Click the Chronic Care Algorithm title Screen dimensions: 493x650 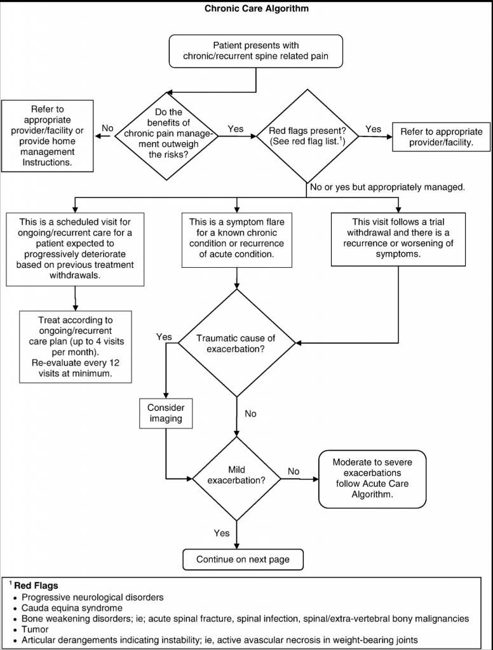(257, 8)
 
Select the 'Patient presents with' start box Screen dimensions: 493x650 (255, 51)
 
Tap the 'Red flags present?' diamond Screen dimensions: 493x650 (307, 136)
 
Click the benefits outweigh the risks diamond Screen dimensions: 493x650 (166, 136)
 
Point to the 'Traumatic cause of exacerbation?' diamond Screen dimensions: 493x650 (236, 343)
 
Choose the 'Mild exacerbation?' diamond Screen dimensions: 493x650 (236, 479)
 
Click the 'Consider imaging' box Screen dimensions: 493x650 (166, 413)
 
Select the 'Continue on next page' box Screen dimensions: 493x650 (243, 560)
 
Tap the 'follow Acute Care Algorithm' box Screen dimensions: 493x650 (372, 479)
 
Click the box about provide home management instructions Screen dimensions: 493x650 (47, 136)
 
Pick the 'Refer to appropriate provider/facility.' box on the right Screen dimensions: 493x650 (441, 137)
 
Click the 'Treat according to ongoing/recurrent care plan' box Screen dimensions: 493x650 (75, 347)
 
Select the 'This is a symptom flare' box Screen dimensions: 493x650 (236, 239)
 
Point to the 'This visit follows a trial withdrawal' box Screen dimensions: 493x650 (398, 239)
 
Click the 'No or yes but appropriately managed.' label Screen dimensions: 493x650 (387, 187)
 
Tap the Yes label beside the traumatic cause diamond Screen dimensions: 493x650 (164, 337)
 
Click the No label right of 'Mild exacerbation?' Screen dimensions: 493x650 (294, 472)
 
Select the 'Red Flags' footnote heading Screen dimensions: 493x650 (36, 586)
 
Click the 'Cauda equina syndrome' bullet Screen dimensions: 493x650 (72, 608)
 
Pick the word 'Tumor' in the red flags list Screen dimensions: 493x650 (36, 629)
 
